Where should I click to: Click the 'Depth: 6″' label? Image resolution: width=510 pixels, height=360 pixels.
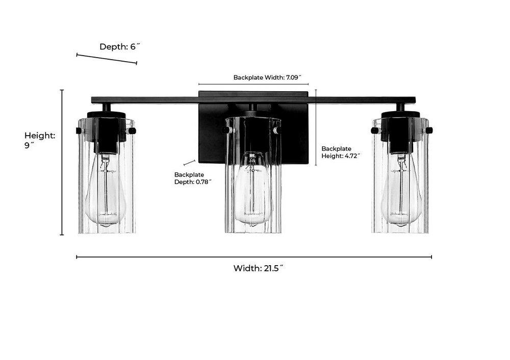pyautogui.click(x=119, y=46)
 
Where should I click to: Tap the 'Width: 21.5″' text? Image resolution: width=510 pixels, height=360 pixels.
pyautogui.click(x=258, y=268)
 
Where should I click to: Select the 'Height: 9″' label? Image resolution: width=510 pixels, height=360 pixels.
pyautogui.click(x=40, y=140)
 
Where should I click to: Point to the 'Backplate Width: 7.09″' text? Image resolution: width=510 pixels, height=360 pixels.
pyautogui.click(x=271, y=78)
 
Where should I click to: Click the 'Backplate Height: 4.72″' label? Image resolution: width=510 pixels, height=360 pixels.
pyautogui.click(x=341, y=152)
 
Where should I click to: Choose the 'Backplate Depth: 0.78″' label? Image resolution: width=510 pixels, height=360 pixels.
pyautogui.click(x=192, y=178)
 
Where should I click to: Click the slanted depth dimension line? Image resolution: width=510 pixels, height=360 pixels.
pyautogui.click(x=107, y=59)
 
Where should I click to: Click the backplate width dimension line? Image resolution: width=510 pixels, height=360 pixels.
pyautogui.click(x=253, y=84)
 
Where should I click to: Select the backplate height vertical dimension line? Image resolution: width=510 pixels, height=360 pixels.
pyautogui.click(x=316, y=127)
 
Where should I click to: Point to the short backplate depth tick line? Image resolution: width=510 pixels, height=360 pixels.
pyautogui.click(x=189, y=163)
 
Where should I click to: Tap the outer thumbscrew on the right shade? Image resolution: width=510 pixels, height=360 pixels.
pyautogui.click(x=429, y=131)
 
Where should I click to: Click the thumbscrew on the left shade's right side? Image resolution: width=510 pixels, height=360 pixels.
pyautogui.click(x=132, y=131)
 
